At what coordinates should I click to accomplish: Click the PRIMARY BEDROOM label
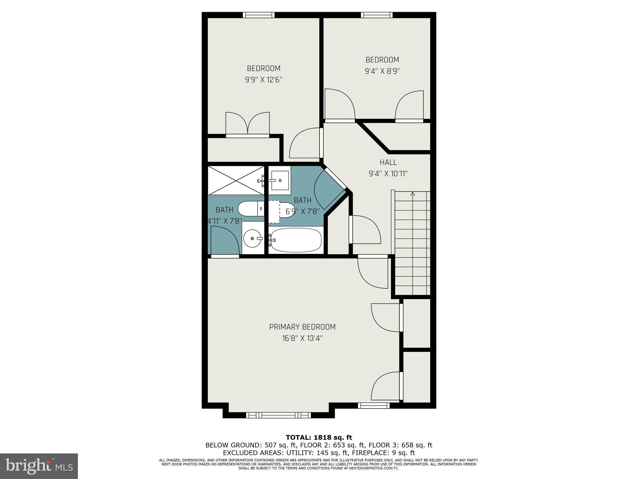point(302,327)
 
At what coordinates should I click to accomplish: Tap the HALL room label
point(388,162)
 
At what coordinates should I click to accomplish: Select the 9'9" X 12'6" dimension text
point(264,80)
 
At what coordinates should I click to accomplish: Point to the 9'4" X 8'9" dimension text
point(382,71)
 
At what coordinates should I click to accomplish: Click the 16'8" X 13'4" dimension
point(302,338)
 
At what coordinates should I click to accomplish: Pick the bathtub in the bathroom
point(295,240)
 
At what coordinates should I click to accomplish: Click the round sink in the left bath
point(253,239)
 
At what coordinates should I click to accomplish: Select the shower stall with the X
point(236,180)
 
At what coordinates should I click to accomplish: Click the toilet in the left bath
point(251,209)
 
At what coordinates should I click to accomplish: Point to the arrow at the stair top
point(413,193)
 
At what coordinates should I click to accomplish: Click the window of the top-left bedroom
point(259,15)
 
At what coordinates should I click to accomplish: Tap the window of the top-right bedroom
point(377,15)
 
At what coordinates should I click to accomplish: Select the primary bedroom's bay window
point(279,415)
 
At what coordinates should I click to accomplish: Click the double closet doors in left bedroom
point(247,124)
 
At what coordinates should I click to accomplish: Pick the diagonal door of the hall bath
point(330,189)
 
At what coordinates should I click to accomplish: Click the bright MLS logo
point(39,466)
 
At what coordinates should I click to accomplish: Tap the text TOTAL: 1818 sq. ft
point(319,438)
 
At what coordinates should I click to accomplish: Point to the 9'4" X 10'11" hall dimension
point(388,174)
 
